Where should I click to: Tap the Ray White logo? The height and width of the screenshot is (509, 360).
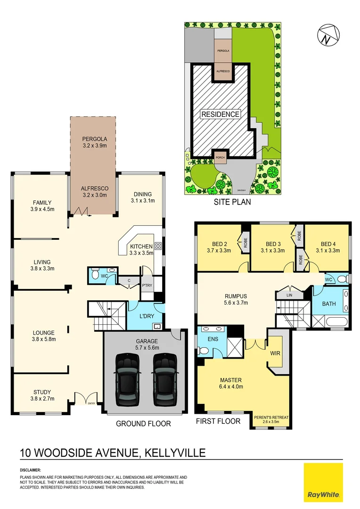[x=323, y=483]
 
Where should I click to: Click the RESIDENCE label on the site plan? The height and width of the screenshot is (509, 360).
[x=220, y=114]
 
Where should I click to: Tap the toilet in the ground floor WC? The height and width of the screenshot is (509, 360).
[x=95, y=275]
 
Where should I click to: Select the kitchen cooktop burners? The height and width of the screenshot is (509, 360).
[x=157, y=246]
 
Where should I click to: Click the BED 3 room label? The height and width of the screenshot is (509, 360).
[x=272, y=244]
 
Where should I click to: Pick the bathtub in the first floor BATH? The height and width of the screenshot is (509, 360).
[x=335, y=323]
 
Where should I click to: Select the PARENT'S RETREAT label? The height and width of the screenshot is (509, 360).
[x=271, y=418]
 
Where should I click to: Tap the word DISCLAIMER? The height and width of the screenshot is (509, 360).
[x=30, y=470]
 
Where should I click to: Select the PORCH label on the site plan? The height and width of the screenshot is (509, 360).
[x=220, y=157]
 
